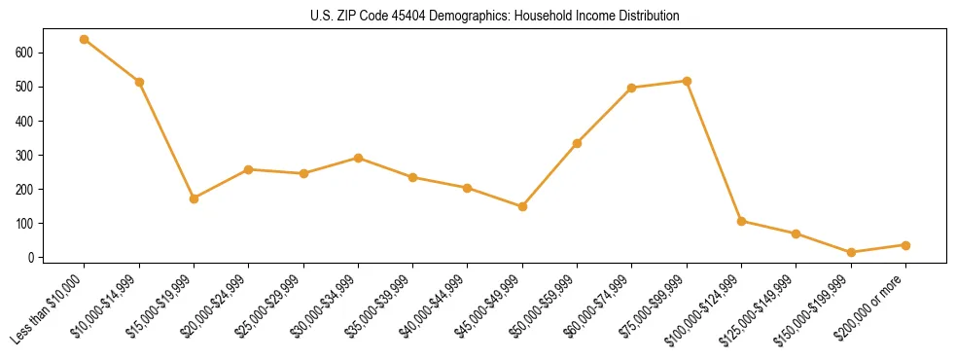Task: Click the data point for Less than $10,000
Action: point(85,39)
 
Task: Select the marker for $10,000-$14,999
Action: point(139,82)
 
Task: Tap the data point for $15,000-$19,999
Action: point(195,198)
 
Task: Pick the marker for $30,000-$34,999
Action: point(358,158)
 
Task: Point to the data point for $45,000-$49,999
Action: point(522,206)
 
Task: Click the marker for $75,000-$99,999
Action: point(687,81)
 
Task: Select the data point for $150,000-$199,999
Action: point(851,252)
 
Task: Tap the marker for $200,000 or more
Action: point(905,245)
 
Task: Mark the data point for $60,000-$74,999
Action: point(632,88)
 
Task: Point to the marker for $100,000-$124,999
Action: point(741,221)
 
